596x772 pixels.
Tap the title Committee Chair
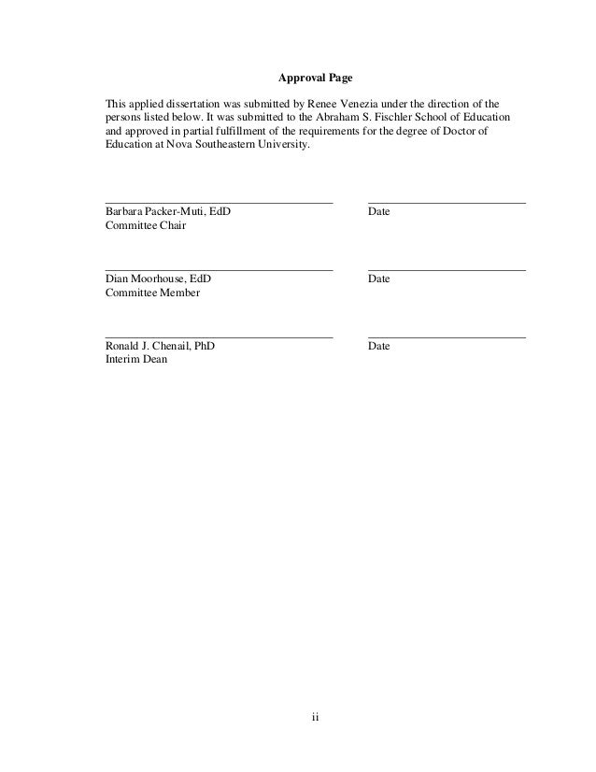pos(146,226)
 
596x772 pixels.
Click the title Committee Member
pos(152,293)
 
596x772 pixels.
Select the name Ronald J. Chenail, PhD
pos(160,346)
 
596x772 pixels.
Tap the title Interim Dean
pos(136,360)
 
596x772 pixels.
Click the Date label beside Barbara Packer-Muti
pos(378,212)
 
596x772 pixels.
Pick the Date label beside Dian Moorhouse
pos(378,279)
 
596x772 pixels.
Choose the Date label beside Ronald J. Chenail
pos(378,346)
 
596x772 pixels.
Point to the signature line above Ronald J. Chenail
pos(219,336)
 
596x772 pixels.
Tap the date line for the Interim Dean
pos(447,336)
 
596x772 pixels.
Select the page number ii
pos(315,718)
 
